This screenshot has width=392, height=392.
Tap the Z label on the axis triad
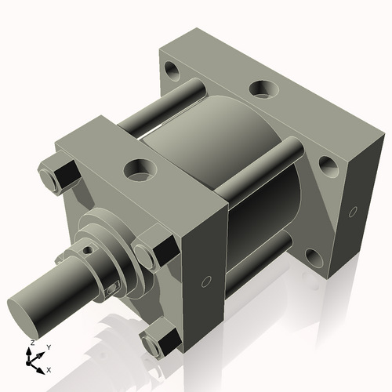pos(31,343)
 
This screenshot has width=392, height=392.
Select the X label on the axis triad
pos(49,368)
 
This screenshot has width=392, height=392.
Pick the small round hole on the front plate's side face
pos(206,281)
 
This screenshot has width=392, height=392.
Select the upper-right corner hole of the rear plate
pos(328,164)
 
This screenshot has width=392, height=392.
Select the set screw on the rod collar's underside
pos(114,289)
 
